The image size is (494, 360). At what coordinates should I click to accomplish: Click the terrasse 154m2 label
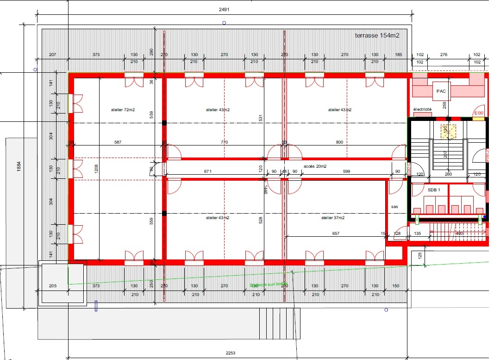(377, 35)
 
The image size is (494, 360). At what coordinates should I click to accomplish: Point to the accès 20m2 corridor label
(315, 166)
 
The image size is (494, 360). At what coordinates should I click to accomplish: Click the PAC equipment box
(441, 91)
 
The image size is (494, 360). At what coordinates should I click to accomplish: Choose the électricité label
(422, 109)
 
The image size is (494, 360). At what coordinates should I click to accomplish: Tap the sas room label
(394, 207)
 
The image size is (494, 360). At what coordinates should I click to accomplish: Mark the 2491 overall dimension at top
(224, 9)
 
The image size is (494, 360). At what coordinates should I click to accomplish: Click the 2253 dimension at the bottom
(230, 353)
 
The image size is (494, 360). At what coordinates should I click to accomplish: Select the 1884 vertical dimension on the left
(19, 167)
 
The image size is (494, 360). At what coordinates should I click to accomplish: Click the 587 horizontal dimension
(118, 142)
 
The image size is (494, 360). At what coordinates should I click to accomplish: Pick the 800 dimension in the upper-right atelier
(339, 142)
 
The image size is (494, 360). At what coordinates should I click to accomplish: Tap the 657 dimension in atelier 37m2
(336, 234)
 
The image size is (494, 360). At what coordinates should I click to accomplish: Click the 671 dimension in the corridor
(208, 171)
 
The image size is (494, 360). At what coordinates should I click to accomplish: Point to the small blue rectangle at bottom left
(96, 306)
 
